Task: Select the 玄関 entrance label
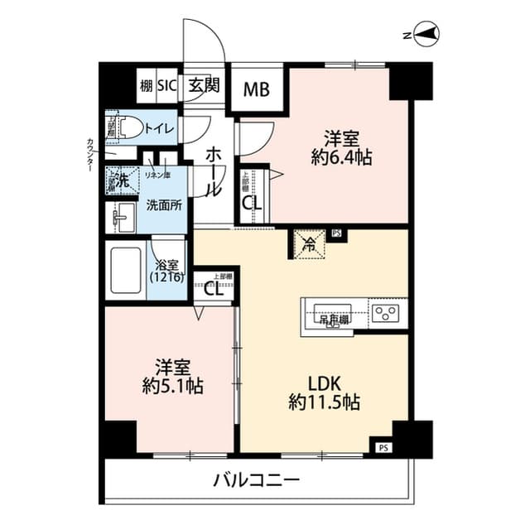point(203,84)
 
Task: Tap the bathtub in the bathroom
point(127,269)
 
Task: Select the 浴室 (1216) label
point(167,271)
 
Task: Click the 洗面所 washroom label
point(164,204)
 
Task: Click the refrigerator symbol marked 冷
point(307,244)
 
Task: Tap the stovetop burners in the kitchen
point(386,313)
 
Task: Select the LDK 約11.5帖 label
point(323,393)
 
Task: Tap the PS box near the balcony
point(382,448)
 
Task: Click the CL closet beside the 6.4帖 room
point(248,201)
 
